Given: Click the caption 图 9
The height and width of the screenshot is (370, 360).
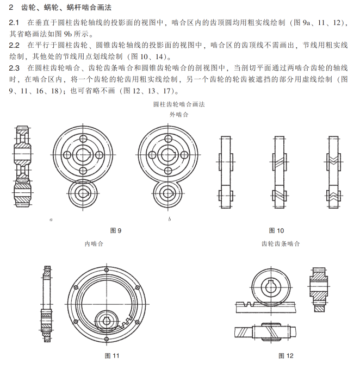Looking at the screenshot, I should click(x=115, y=230).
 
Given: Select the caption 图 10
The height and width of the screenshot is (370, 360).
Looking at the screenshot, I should click(x=276, y=230).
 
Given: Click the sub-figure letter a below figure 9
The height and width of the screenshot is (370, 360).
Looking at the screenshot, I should click(x=51, y=220).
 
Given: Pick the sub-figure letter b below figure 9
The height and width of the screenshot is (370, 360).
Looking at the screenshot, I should click(x=170, y=220).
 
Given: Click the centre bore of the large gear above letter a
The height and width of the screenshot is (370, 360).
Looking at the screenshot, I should click(x=84, y=154).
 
